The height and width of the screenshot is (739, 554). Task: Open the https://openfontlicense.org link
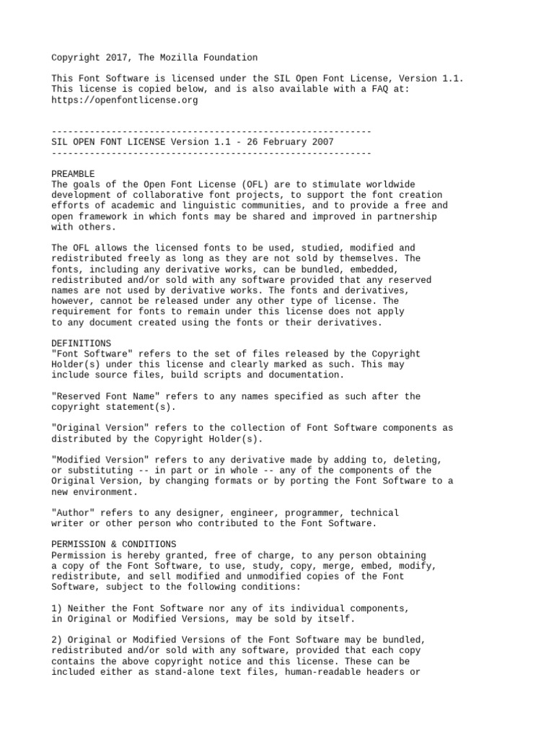coord(124,100)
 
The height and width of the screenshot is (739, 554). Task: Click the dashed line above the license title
coord(211,132)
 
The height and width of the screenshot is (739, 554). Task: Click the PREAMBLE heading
coord(73,174)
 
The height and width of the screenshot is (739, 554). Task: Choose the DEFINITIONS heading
coord(82,344)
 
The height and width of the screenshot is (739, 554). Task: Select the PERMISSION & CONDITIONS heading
coord(113,544)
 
